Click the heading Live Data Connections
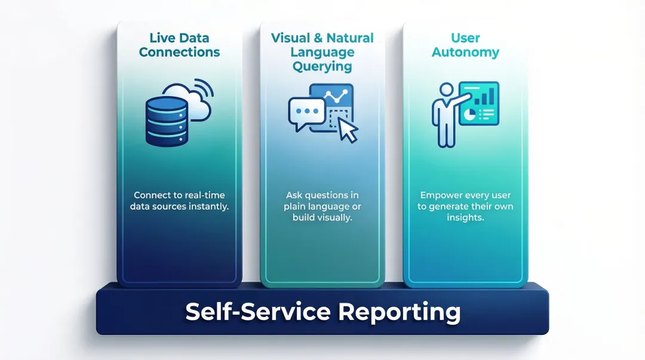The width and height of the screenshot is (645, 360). click(x=179, y=45)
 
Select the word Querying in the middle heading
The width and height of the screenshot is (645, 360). click(x=322, y=66)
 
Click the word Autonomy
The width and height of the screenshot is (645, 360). click(x=465, y=52)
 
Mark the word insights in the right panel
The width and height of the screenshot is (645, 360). click(x=466, y=218)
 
